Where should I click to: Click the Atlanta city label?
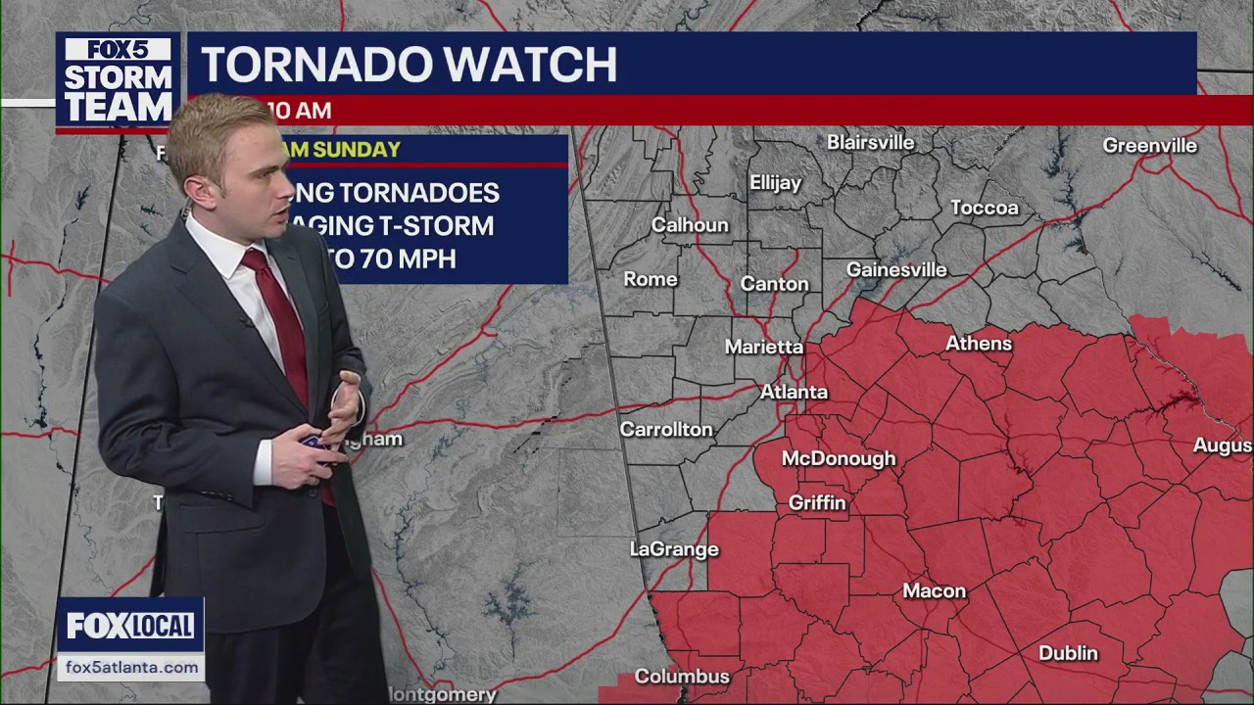point(795,392)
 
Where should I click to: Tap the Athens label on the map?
point(978,344)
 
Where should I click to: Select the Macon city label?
point(935,591)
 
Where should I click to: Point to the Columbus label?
point(682,677)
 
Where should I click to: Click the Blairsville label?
point(870,143)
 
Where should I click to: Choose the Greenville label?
point(1149,146)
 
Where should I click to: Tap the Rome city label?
point(651,279)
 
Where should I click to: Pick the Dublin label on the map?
point(1068,653)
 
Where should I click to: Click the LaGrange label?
point(674,549)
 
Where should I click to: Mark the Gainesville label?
point(896,269)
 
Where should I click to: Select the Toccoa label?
point(985,208)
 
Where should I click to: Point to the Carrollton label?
point(666,429)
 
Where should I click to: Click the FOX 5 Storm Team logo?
point(118,81)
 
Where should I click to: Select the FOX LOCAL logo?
point(130,626)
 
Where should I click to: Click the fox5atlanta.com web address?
point(131,668)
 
